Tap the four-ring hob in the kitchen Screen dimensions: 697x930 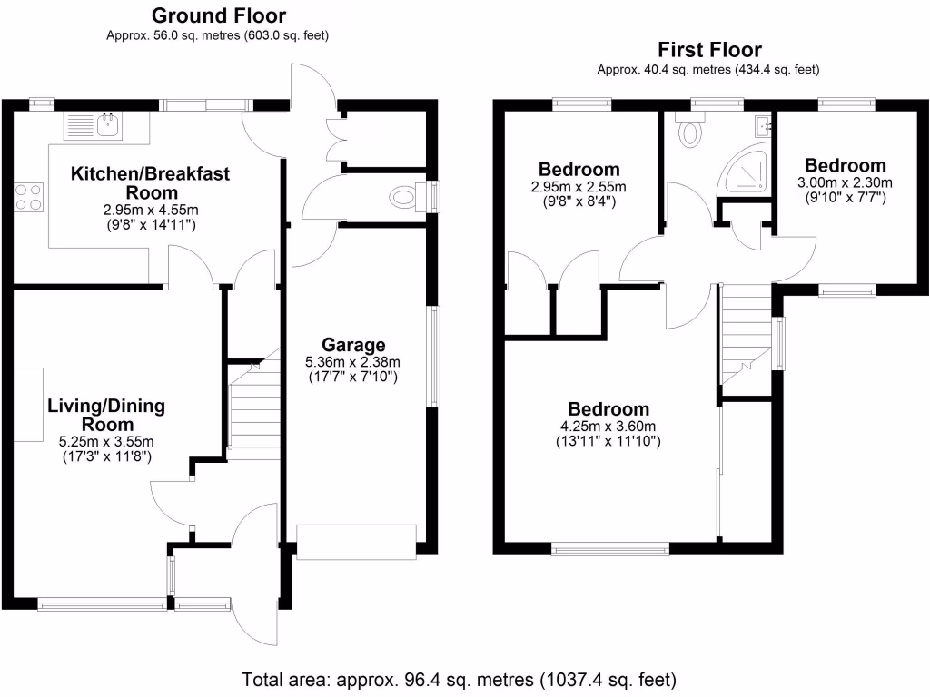[28, 196]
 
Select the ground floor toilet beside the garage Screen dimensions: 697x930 [402, 196]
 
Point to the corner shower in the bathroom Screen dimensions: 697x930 [747, 172]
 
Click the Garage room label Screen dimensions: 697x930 [353, 345]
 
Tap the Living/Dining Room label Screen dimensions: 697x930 [105, 415]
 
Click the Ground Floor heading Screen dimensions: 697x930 [218, 15]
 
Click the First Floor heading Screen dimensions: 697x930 [709, 50]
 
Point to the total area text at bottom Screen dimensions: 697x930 [459, 679]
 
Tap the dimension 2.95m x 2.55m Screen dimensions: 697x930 [579, 187]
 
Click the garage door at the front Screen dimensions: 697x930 [355, 542]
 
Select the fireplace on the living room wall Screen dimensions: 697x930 [28, 404]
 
